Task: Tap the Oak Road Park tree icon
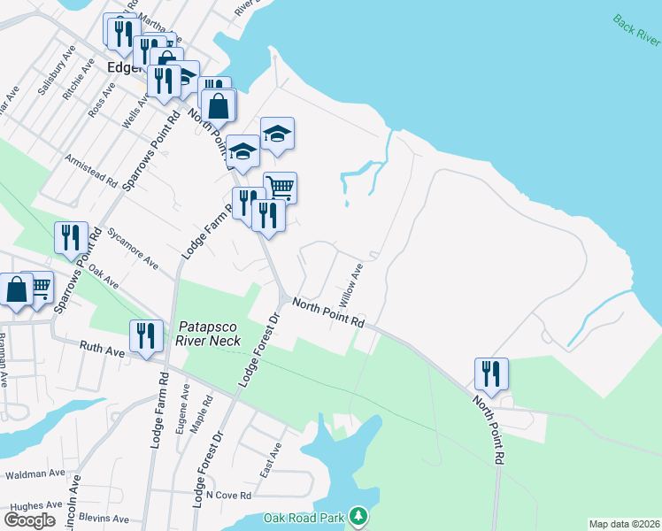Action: tap(358, 514)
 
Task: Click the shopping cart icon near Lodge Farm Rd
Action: tap(280, 187)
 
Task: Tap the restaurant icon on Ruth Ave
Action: tap(146, 335)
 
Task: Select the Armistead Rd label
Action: tap(91, 170)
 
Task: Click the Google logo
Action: tap(29, 519)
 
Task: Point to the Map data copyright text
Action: tap(625, 524)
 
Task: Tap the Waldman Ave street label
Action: tap(29, 475)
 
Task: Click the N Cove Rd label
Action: tap(227, 496)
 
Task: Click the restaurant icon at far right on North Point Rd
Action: tap(490, 373)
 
